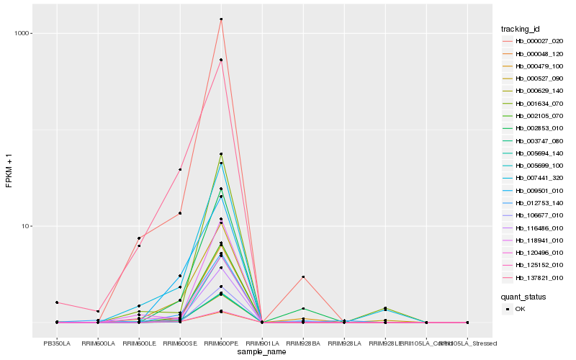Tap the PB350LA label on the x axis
tap(57, 343)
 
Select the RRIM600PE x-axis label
tap(221, 343)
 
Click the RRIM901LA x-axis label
tap(262, 343)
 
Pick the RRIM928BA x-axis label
tap(303, 343)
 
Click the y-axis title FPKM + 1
tap(9, 170)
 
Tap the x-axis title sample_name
tap(261, 352)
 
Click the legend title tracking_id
tap(521, 29)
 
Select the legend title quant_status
tap(523, 296)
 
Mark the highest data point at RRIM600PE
tap(221, 19)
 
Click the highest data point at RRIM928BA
tap(303, 277)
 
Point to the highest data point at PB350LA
tap(57, 302)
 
